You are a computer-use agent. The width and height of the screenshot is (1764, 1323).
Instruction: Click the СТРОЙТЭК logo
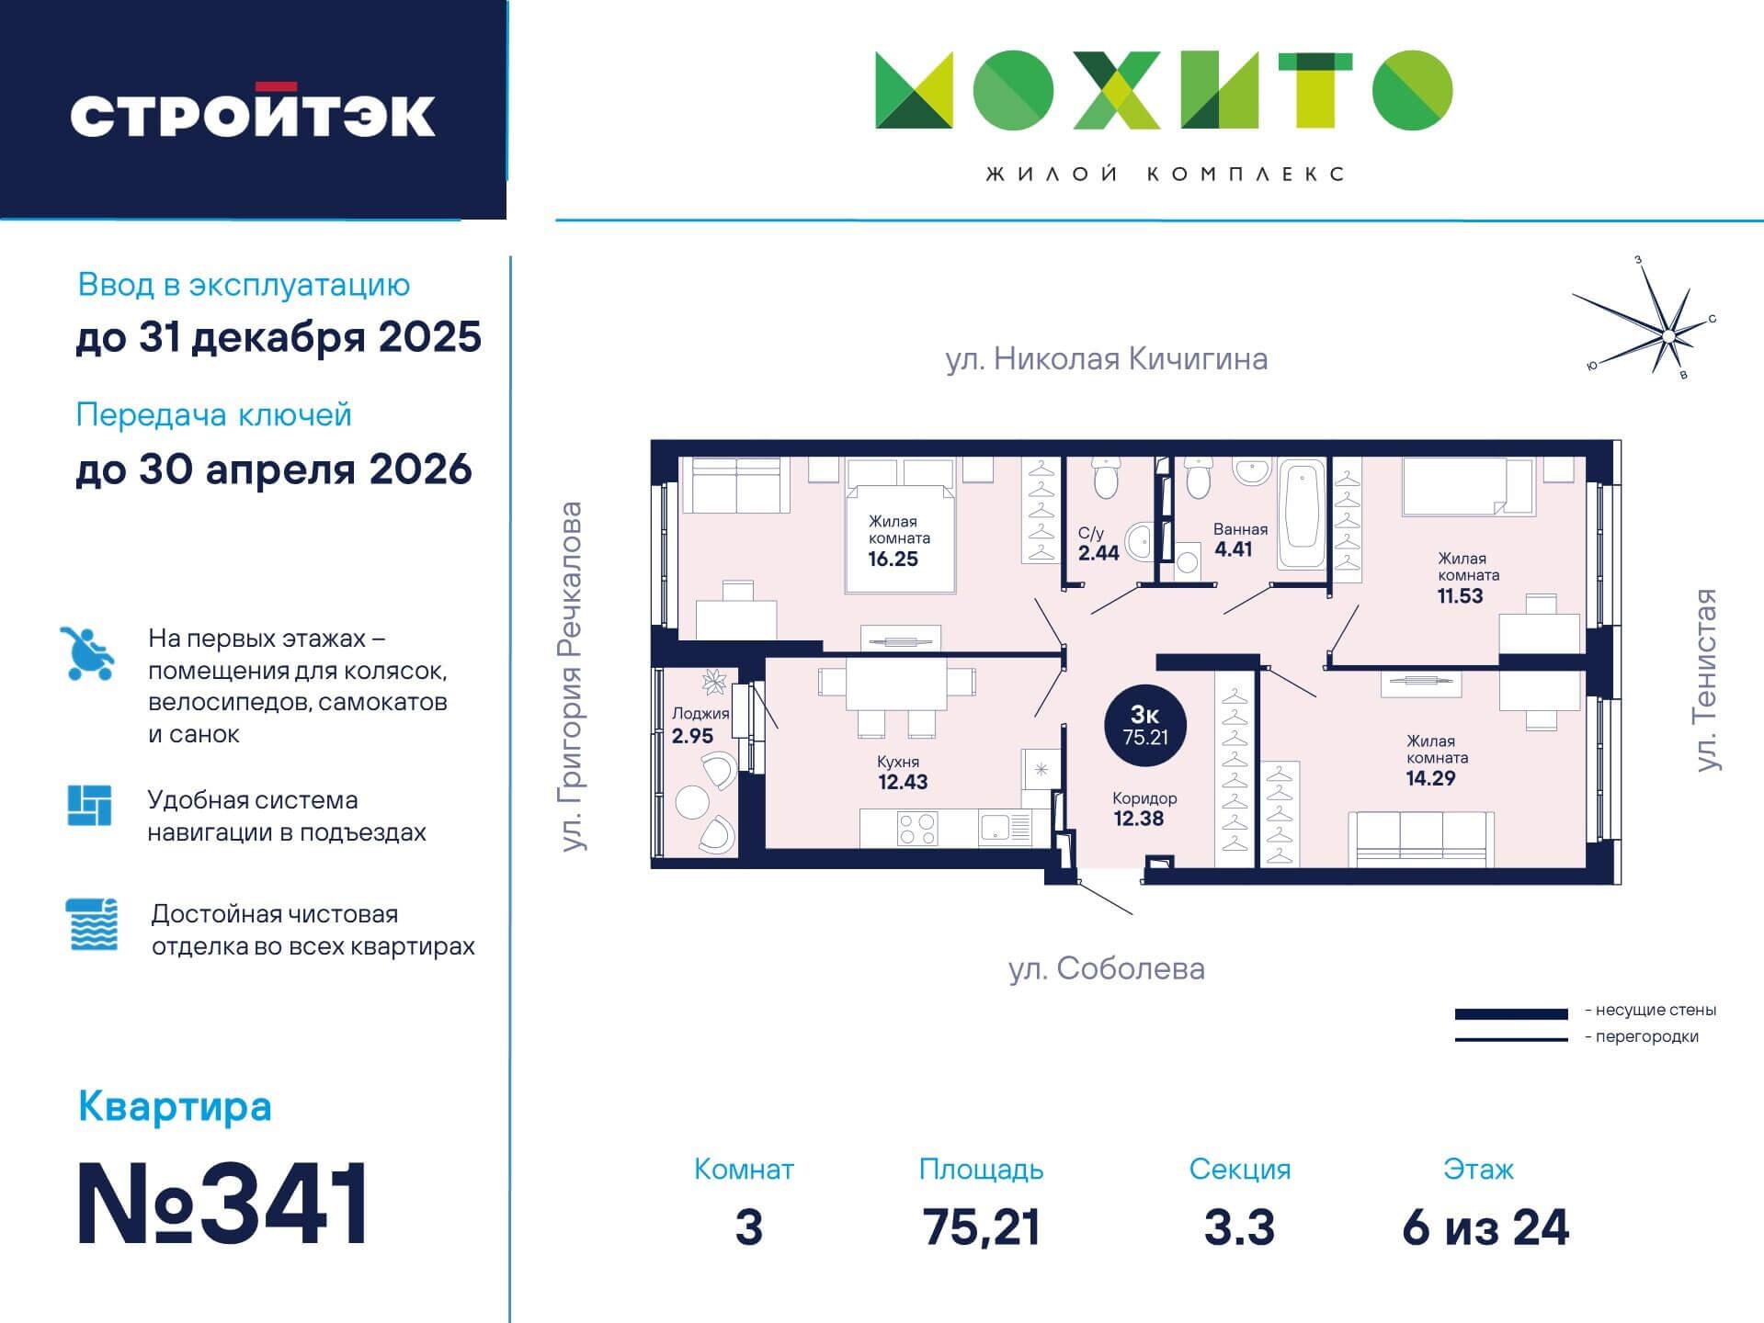click(x=253, y=112)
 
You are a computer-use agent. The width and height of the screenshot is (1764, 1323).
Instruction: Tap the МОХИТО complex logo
click(x=1164, y=90)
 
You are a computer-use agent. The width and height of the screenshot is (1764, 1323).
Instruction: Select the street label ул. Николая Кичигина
click(x=1107, y=358)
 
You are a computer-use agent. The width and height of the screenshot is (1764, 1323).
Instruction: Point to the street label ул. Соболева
click(x=1107, y=968)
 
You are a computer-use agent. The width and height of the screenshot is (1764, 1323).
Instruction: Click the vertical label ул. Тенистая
click(x=1706, y=680)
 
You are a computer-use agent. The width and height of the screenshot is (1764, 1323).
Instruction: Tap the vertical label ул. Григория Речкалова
click(x=573, y=676)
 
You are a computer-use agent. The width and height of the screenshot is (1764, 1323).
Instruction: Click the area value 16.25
click(x=893, y=559)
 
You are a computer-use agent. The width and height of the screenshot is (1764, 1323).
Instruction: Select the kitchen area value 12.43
click(x=903, y=782)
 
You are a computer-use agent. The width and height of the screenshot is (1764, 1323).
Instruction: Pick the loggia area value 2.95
click(x=692, y=736)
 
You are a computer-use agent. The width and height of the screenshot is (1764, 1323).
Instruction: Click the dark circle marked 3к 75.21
click(x=1144, y=726)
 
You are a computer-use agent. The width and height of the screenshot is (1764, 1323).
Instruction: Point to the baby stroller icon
click(x=88, y=653)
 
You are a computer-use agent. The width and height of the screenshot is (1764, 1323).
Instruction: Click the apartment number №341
click(x=222, y=1203)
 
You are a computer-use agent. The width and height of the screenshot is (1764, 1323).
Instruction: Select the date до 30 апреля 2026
click(x=274, y=469)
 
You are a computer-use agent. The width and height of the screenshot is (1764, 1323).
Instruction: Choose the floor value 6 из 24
click(x=1485, y=1227)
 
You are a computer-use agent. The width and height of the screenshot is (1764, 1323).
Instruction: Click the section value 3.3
click(x=1239, y=1227)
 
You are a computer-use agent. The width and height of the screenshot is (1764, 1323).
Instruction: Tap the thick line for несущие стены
click(x=1511, y=1014)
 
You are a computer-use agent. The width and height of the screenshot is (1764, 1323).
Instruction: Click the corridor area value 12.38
click(x=1139, y=819)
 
